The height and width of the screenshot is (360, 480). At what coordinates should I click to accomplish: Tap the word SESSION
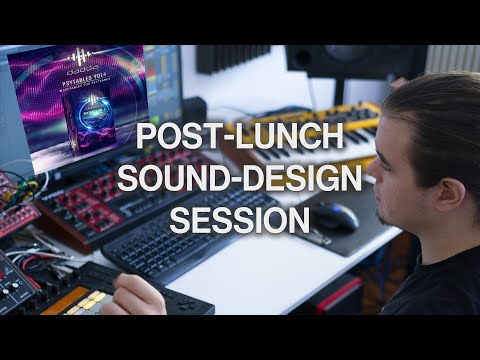(x=239, y=219)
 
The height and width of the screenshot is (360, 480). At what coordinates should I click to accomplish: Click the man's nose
(x=372, y=196)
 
